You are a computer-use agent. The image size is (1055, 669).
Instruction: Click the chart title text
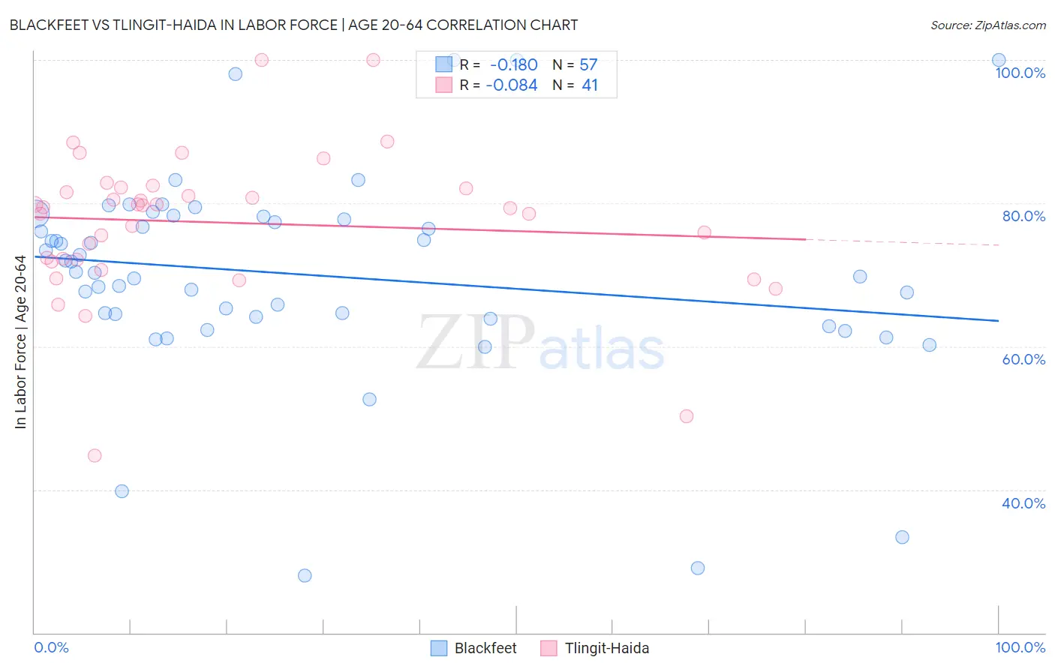click(293, 25)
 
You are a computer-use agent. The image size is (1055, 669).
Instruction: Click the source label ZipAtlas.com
click(987, 25)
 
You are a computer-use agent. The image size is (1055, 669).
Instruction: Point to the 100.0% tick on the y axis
click(1020, 73)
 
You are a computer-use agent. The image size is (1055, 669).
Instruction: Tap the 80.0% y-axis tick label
click(1023, 216)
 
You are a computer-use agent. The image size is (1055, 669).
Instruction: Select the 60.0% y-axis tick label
click(1023, 359)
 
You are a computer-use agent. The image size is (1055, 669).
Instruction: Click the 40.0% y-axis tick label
click(1023, 503)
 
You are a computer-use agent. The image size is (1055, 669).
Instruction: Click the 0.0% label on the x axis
click(51, 647)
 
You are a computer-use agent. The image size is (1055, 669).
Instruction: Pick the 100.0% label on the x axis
click(1020, 647)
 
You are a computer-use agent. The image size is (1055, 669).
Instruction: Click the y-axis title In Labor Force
click(20, 342)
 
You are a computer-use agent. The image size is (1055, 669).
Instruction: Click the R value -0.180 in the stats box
click(513, 64)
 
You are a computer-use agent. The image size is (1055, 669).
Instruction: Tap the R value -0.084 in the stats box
click(511, 85)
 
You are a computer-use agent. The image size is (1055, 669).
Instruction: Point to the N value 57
click(588, 64)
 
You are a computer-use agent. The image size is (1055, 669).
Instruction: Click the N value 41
click(590, 85)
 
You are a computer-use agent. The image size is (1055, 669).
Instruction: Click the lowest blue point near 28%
click(305, 575)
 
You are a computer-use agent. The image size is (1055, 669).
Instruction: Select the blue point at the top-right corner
click(999, 60)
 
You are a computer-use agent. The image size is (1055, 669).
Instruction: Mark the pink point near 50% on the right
click(687, 416)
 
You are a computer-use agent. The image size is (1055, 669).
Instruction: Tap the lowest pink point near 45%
click(95, 455)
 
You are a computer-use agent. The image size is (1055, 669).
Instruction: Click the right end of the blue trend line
click(999, 321)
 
